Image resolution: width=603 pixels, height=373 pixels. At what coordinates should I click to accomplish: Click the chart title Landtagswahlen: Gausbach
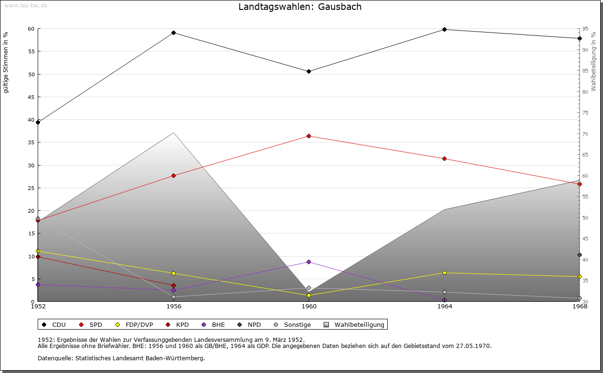tap(300, 7)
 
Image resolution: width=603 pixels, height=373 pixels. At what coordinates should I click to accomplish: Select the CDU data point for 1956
tap(173, 33)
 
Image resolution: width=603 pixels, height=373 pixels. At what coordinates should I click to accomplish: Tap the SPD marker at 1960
tap(309, 136)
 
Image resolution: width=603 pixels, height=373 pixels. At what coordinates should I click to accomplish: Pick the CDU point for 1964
tap(444, 29)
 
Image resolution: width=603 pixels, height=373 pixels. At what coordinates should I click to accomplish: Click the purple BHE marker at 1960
tap(309, 262)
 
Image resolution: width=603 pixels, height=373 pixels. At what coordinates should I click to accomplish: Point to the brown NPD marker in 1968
tap(579, 255)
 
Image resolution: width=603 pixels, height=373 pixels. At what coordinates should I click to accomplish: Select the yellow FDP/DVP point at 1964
tap(444, 273)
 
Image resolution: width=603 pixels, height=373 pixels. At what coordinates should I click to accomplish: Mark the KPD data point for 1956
tap(173, 285)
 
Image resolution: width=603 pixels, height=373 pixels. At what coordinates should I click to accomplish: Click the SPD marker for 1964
tap(444, 158)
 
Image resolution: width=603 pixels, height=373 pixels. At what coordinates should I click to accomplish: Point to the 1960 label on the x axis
tap(309, 307)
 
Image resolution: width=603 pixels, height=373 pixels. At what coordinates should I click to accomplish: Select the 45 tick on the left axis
tap(31, 97)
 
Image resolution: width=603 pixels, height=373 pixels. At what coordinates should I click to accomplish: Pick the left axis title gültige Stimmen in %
tap(6, 62)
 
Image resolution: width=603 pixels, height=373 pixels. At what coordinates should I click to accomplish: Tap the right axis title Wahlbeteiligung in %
tap(594, 62)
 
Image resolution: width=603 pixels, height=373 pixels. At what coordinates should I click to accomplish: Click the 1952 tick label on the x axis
tap(38, 307)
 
